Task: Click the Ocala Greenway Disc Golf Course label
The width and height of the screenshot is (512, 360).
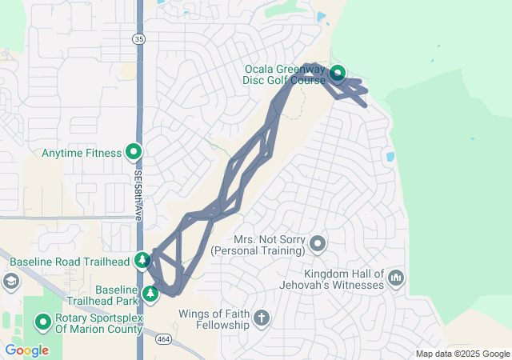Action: [285, 74]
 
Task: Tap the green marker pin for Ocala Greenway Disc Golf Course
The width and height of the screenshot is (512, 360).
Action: [337, 74]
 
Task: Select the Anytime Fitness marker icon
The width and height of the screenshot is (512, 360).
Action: [134, 152]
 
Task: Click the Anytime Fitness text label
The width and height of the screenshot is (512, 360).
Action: [81, 152]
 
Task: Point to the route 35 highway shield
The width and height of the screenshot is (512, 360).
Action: [139, 38]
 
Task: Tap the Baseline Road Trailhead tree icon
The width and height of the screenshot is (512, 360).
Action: [142, 260]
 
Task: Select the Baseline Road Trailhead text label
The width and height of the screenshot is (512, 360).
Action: [69, 261]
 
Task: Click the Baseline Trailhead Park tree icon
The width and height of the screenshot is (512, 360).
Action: [150, 294]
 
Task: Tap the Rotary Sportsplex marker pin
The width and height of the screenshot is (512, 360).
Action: [42, 322]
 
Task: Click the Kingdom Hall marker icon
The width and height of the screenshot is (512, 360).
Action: [396, 278]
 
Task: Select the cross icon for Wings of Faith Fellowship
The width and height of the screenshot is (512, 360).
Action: [261, 319]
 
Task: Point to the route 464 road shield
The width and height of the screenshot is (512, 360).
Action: [164, 338]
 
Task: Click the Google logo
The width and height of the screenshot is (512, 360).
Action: [26, 350]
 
